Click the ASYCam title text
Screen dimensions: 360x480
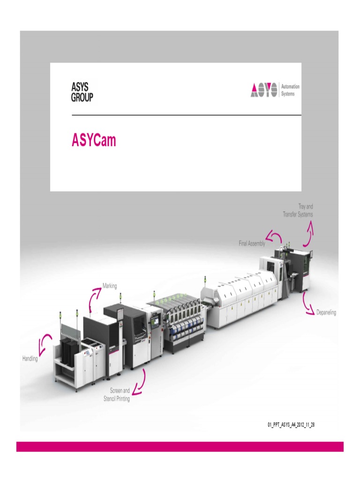pos(94,141)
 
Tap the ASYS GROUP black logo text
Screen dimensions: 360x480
pos(82,92)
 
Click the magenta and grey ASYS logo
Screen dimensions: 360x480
pos(264,90)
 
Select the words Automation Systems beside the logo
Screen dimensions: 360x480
pos(290,90)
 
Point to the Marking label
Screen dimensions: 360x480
pos(110,285)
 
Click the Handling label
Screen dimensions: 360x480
pos(30,359)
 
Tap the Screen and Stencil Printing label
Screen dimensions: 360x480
pos(117,395)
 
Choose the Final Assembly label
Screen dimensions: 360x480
pos(252,244)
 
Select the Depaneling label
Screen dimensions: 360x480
pos(326,313)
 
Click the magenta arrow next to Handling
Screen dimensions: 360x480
pos(45,344)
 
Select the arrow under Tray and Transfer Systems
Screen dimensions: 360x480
pos(309,234)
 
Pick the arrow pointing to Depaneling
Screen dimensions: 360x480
pos(307,303)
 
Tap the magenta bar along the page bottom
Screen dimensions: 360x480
pos(180,446)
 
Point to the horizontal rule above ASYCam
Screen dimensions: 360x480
pos(186,115)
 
